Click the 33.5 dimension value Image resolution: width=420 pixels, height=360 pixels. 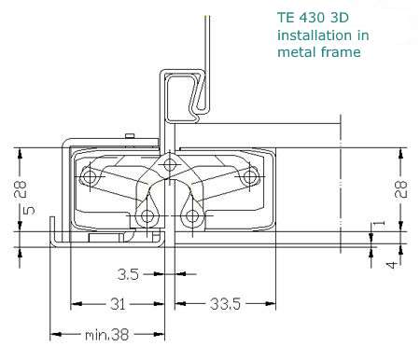click(x=225, y=304)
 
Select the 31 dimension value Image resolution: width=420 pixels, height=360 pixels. click(x=118, y=304)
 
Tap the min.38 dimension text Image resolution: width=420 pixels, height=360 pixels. click(x=106, y=335)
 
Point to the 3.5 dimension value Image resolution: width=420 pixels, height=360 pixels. click(x=128, y=274)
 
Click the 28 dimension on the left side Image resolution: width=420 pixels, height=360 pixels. click(x=21, y=189)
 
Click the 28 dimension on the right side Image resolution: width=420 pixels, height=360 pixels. click(x=400, y=189)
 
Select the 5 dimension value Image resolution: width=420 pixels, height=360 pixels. click(x=29, y=210)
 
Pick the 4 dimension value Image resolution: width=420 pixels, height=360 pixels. click(x=392, y=265)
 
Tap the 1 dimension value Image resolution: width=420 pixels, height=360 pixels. click(x=379, y=223)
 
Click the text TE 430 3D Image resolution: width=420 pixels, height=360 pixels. click(x=313, y=18)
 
